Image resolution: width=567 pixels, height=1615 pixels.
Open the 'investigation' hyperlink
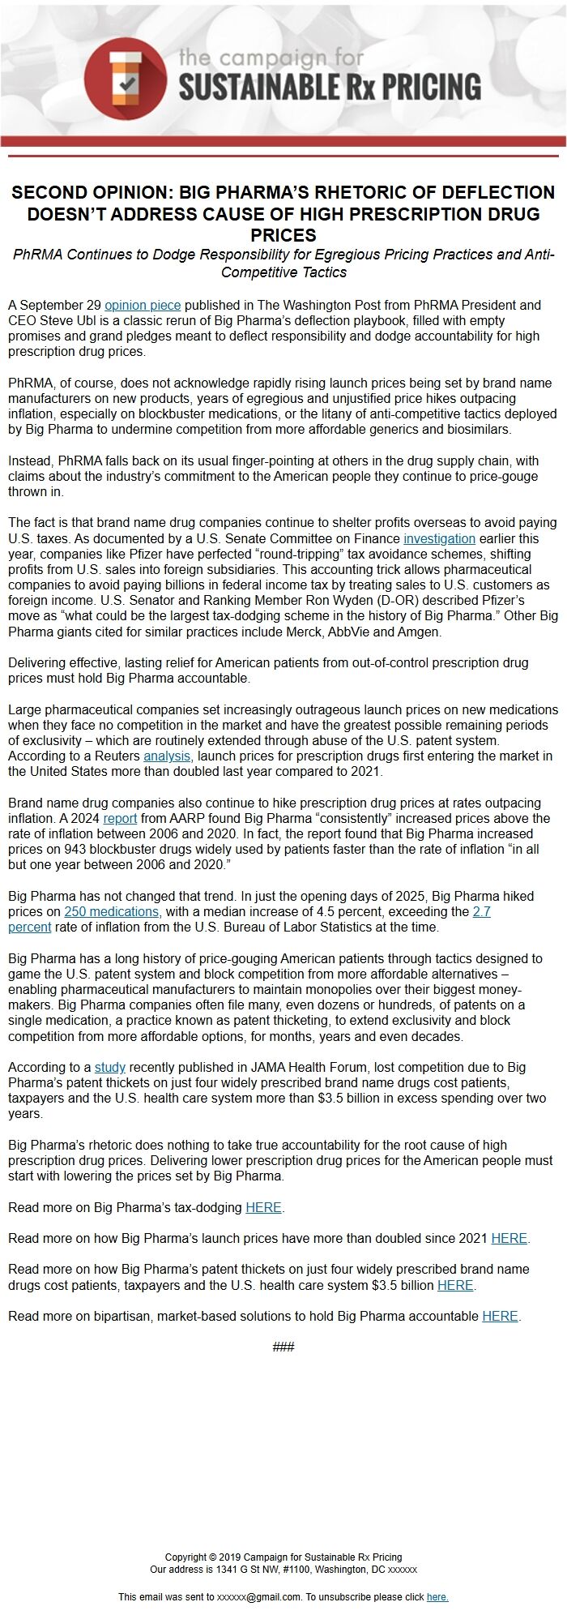pos(439,538)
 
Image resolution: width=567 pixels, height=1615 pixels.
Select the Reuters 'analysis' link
pos(167,756)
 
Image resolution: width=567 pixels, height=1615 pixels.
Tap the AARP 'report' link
pos(120,819)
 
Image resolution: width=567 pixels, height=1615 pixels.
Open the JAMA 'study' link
pos(110,1068)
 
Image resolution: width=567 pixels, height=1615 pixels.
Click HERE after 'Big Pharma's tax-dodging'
pos(263,1208)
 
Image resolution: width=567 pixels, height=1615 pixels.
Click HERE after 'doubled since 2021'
pos(509,1239)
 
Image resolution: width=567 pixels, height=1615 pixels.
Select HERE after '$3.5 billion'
pos(455,1286)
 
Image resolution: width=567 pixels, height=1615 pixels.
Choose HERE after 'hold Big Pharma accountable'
pos(500,1317)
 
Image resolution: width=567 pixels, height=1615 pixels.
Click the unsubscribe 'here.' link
pos(437,1597)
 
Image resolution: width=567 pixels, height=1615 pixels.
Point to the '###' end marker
pos(283,1347)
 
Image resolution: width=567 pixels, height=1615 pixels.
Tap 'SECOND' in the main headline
pos(50,193)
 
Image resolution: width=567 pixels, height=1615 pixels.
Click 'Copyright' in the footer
pos(185,1557)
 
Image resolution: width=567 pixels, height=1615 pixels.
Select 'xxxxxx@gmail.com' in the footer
pos(259,1597)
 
